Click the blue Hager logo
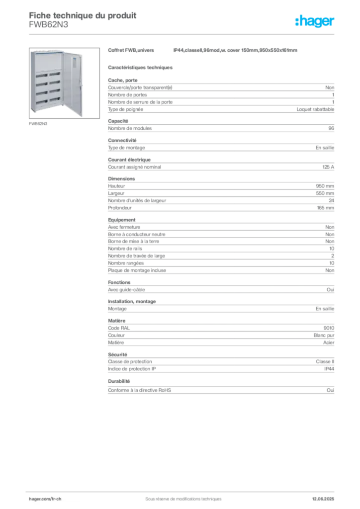coord(315,22)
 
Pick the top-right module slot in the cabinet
coord(54,75)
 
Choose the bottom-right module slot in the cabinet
coord(54,99)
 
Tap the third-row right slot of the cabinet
coord(54,91)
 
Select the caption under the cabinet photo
coord(38,123)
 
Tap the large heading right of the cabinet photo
coord(202,51)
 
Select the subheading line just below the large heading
coord(140,66)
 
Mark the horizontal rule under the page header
coord(183,33)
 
